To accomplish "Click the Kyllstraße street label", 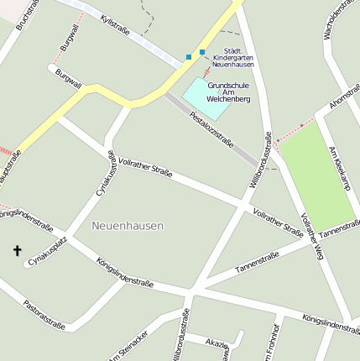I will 114,24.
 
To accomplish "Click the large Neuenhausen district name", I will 128,226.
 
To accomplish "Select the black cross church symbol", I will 16,250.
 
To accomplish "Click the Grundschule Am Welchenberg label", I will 229,92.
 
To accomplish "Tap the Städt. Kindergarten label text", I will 233,57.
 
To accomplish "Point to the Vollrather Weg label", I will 311,238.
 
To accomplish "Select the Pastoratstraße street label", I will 44,312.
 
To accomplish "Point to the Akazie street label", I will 217,344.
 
